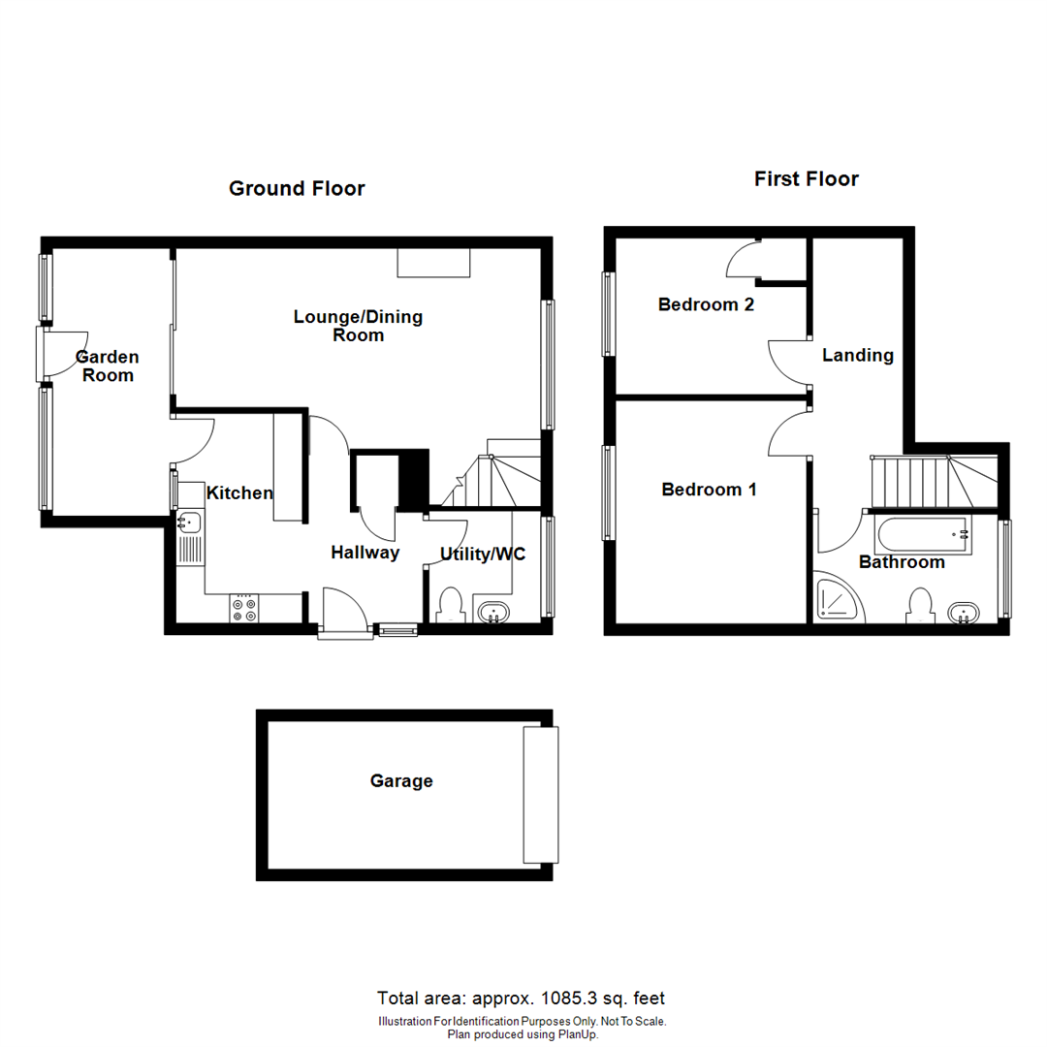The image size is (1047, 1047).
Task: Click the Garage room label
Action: point(401,781)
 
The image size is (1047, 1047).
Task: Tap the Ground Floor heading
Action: point(297,188)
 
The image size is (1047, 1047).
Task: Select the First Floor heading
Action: point(807,178)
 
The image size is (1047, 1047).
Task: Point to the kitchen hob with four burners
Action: point(244,608)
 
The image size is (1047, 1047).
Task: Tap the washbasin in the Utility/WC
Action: point(494,612)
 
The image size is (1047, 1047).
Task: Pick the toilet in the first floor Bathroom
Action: point(917,605)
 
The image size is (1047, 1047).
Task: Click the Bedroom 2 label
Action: point(706,304)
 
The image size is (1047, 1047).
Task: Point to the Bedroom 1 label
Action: point(709,490)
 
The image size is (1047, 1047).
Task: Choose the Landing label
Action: point(857,355)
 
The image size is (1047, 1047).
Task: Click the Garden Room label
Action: point(108,365)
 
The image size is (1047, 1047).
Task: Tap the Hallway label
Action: point(365,553)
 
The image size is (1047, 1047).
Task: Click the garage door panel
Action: point(541,794)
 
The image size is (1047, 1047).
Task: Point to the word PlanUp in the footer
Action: point(576,1034)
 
